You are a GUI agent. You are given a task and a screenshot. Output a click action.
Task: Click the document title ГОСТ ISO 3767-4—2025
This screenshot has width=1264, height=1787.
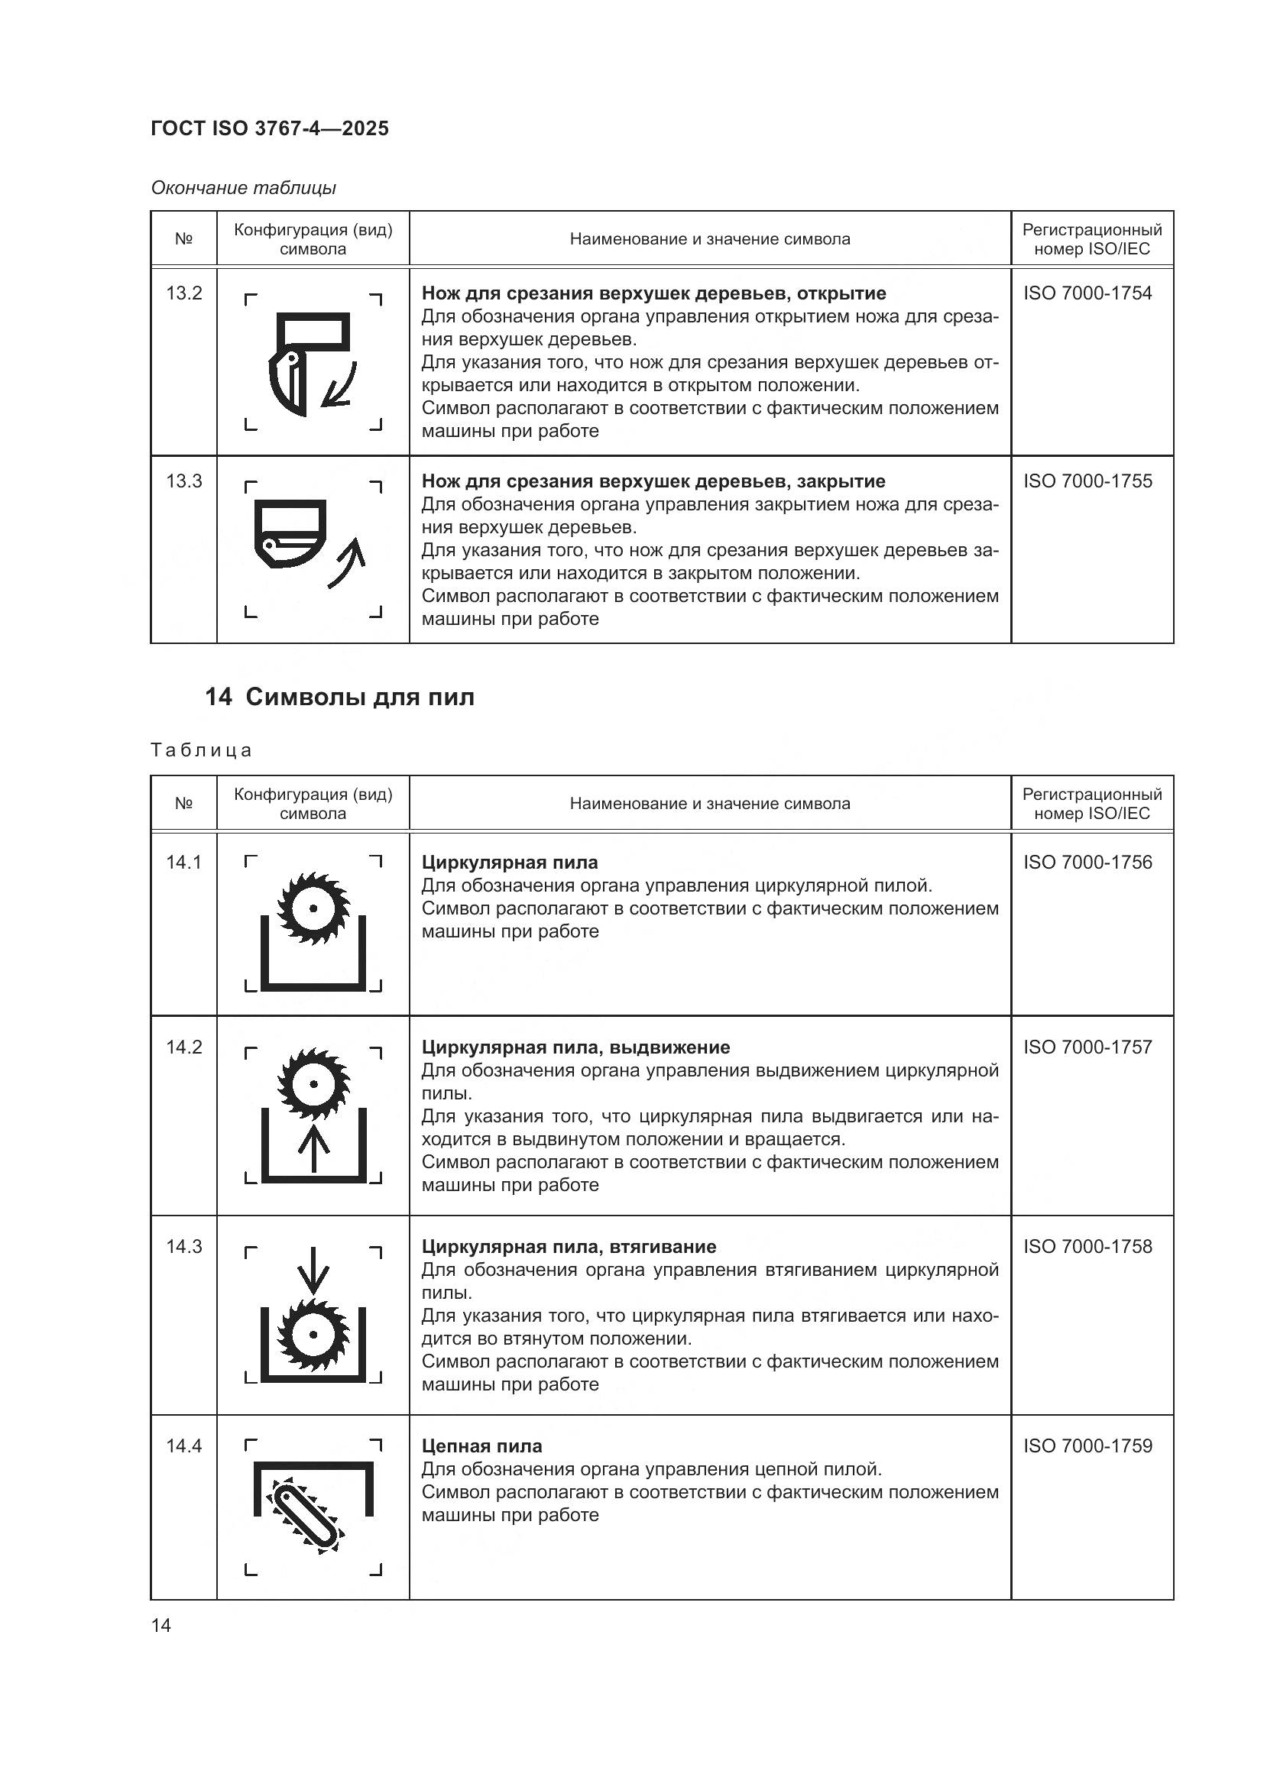click(x=269, y=128)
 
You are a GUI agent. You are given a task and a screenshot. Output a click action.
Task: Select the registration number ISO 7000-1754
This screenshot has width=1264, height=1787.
click(x=1087, y=293)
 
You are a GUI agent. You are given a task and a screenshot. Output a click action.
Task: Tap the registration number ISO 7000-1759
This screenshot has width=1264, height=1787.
click(x=1087, y=1445)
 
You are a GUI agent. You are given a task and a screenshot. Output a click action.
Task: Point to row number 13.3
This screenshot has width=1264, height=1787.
click(x=183, y=481)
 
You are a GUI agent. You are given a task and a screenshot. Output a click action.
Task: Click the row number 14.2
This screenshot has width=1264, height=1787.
click(x=183, y=1047)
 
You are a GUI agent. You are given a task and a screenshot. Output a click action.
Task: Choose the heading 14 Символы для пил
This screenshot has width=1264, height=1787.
click(x=339, y=697)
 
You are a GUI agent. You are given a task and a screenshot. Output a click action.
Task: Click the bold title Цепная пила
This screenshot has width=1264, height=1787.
click(x=481, y=1445)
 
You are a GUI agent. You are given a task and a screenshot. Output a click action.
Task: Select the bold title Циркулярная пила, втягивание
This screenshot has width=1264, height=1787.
click(x=568, y=1246)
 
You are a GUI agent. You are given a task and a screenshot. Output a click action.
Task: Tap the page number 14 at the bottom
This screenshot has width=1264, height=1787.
click(x=161, y=1625)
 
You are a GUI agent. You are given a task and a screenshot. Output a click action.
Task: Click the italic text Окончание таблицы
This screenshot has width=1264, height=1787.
click(x=243, y=188)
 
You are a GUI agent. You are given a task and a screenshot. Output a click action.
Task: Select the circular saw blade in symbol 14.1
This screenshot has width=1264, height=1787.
click(x=313, y=908)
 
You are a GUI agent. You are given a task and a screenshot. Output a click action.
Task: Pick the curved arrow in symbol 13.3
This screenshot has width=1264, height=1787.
click(x=347, y=560)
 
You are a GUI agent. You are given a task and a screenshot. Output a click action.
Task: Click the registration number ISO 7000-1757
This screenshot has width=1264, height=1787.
click(x=1087, y=1047)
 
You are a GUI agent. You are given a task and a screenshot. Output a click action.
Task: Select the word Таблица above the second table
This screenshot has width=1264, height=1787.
click(x=202, y=750)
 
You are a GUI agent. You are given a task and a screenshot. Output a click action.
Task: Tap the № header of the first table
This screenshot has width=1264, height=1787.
click(x=183, y=239)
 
